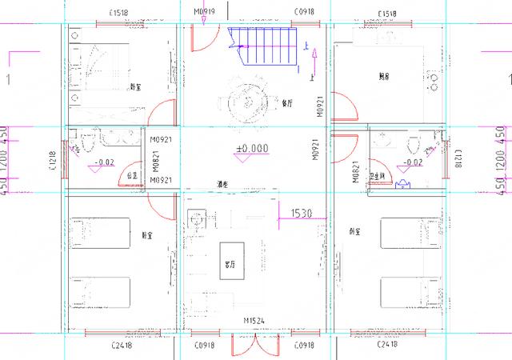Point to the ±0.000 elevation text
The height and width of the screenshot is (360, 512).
click(252, 148)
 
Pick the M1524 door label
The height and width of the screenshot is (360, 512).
click(255, 322)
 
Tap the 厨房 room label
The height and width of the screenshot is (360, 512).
click(384, 77)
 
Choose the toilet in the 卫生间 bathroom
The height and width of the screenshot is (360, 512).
click(413, 144)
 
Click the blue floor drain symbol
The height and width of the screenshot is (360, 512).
click(402, 182)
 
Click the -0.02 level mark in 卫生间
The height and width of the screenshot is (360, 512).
click(413, 162)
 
